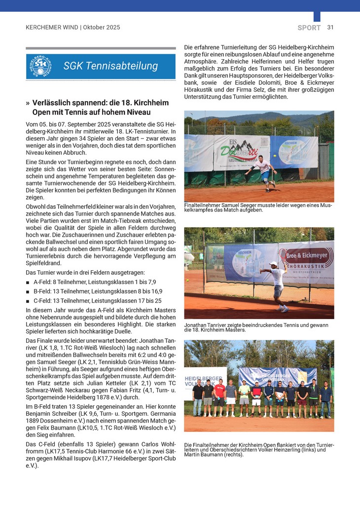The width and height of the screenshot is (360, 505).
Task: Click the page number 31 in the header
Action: (x=330, y=28)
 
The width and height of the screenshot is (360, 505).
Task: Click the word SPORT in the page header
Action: (x=309, y=28)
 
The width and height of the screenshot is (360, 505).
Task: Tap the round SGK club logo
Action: (x=39, y=67)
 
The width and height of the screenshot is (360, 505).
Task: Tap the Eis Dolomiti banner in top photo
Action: (x=241, y=151)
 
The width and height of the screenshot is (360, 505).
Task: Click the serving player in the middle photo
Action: (x=277, y=285)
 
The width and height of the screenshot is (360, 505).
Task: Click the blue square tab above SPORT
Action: (x=317, y=16)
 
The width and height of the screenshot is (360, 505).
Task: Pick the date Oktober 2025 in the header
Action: (x=102, y=28)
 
